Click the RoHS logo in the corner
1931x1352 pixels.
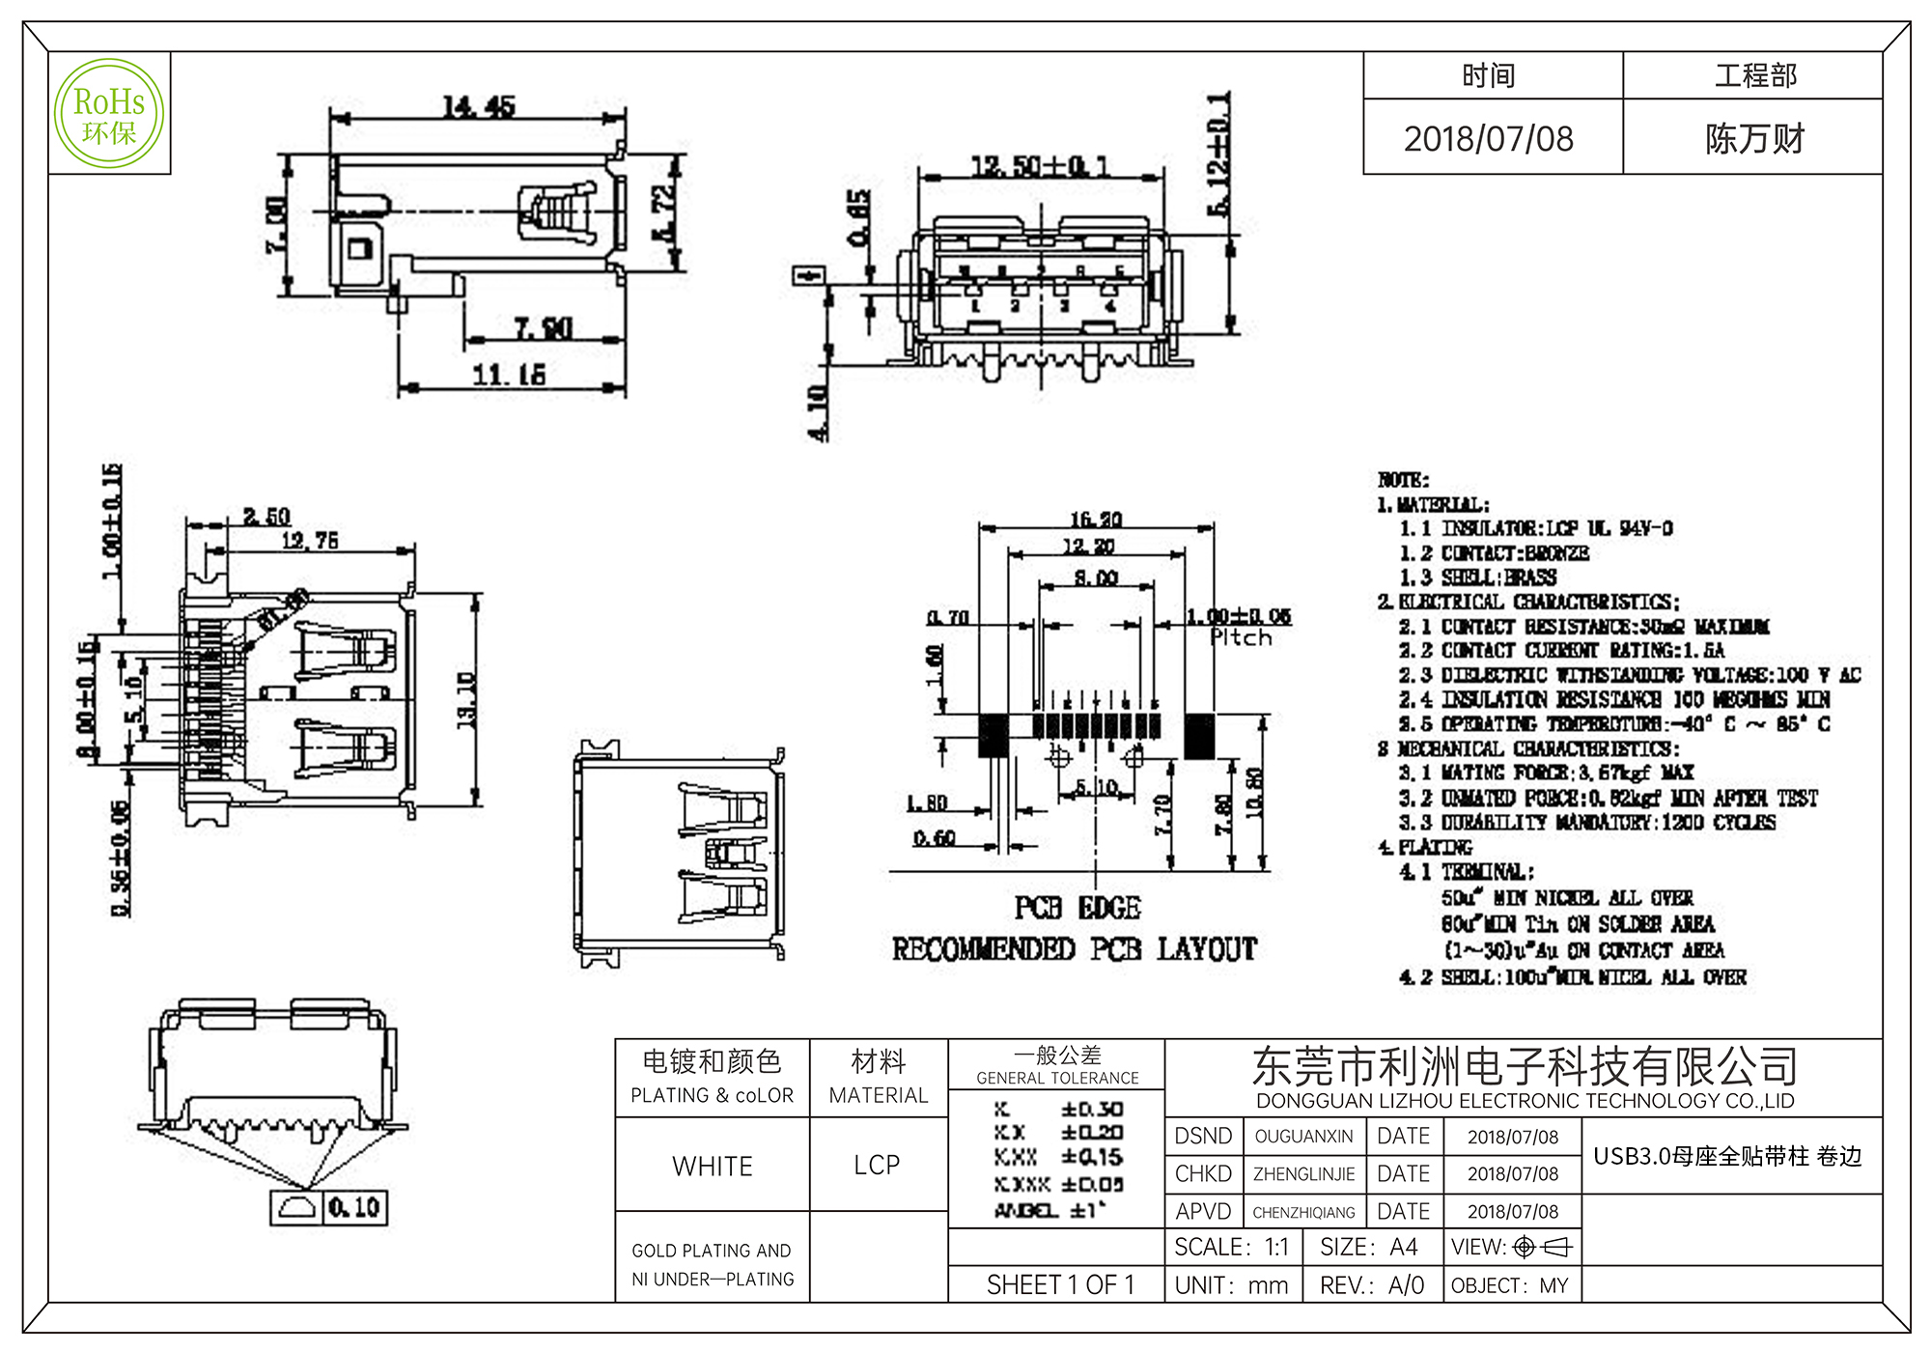[x=109, y=113]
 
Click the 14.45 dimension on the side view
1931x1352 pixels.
[x=479, y=106]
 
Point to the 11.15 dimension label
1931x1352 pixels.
[x=509, y=374]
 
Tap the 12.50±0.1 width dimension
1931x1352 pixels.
[x=1040, y=166]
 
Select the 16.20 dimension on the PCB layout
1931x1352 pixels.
[x=1096, y=520]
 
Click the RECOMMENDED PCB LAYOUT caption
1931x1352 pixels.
[x=1075, y=949]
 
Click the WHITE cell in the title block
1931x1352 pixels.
[x=713, y=1166]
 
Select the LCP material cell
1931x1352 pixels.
[x=877, y=1165]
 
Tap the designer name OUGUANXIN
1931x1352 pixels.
[x=1303, y=1137]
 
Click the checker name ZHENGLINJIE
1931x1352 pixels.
[x=1303, y=1174]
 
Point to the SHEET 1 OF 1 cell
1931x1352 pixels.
[x=1060, y=1284]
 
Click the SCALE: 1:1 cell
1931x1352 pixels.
[x=1231, y=1247]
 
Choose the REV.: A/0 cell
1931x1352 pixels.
[x=1371, y=1285]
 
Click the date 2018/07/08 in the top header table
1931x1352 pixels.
[x=1489, y=139]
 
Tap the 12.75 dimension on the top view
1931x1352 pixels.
[x=310, y=541]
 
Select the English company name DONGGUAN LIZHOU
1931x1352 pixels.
[x=1525, y=1101]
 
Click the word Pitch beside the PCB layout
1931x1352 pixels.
[x=1242, y=638]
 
